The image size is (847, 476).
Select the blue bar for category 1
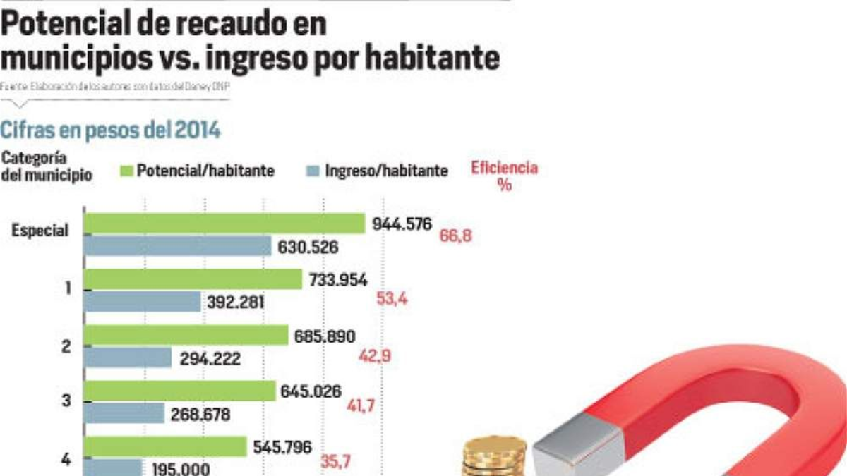143,302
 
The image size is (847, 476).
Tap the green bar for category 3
180,391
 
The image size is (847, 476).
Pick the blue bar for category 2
128,358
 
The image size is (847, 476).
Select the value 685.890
325,336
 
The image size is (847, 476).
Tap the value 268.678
200,415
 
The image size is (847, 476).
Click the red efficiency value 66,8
455,236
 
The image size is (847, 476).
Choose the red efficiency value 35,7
336,463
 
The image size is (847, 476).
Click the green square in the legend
126,171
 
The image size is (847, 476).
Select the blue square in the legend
314,171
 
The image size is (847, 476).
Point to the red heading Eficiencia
504,169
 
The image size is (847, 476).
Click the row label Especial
40,230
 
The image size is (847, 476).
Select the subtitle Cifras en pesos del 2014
110,130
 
